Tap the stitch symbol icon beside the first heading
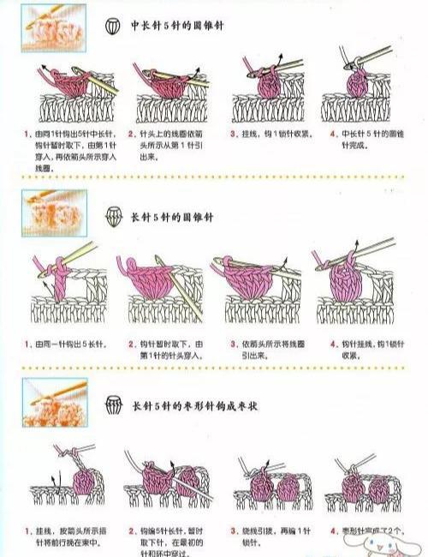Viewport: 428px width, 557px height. (112, 27)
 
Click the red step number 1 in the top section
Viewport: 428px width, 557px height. (28, 135)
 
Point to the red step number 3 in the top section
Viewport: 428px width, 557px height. (233, 135)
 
